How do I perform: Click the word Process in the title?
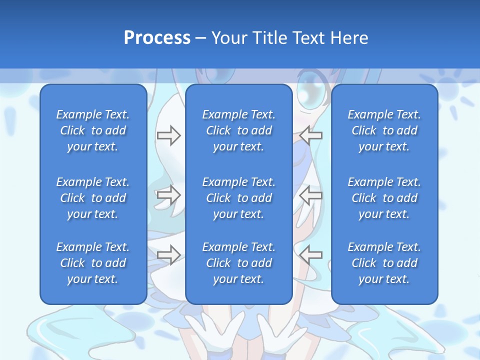tap(157, 38)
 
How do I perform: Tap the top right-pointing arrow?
tap(168, 135)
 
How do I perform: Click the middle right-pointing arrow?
tap(168, 195)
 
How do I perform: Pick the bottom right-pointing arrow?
tap(168, 254)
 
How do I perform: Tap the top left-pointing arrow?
tap(311, 135)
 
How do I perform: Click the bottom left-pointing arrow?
tap(311, 254)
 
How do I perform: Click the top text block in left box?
tap(93, 130)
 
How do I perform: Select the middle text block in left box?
tap(93, 198)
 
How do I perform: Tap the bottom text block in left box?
tap(93, 263)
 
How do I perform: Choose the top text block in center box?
tap(238, 130)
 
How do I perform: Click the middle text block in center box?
tap(238, 198)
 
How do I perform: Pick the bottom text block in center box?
tap(238, 263)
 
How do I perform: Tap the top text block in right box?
tap(384, 130)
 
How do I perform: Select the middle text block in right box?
tap(384, 198)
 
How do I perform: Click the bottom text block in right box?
tap(384, 263)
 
